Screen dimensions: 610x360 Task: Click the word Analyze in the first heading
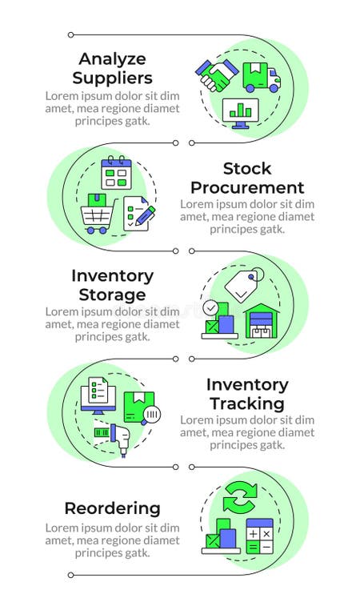click(x=111, y=60)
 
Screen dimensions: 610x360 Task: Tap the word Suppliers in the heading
click(x=112, y=78)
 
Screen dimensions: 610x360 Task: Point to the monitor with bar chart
click(x=238, y=113)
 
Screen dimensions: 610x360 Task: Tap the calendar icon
click(x=115, y=173)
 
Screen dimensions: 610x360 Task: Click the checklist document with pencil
click(x=138, y=214)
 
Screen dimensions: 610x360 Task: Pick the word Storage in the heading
click(x=112, y=295)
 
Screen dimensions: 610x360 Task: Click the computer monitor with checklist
click(x=99, y=395)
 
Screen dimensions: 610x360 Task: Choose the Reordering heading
click(x=112, y=508)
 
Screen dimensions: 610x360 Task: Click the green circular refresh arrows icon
click(x=239, y=498)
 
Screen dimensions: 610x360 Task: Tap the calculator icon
click(x=260, y=536)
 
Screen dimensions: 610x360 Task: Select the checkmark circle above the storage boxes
click(x=210, y=307)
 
